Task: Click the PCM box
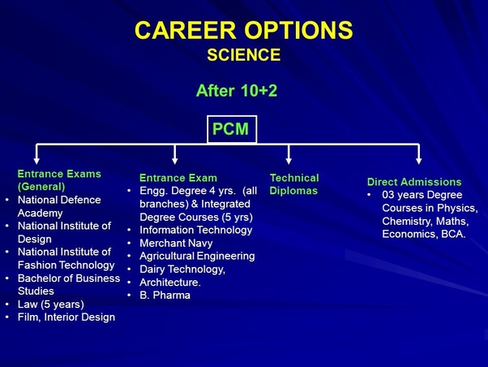[232, 129]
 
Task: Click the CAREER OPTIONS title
[244, 30]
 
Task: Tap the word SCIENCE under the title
[244, 55]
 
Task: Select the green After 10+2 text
[237, 91]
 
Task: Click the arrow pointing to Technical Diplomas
[289, 154]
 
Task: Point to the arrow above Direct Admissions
[419, 154]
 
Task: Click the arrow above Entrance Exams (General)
[36, 154]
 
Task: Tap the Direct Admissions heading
[414, 182]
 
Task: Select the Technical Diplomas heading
[294, 184]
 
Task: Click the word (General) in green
[41, 187]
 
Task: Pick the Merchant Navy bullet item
[176, 243]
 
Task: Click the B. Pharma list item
[165, 295]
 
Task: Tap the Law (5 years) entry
[51, 304]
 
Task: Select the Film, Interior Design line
[66, 317]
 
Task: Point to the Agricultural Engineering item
[197, 256]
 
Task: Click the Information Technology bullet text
[195, 230]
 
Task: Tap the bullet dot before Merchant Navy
[130, 243]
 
